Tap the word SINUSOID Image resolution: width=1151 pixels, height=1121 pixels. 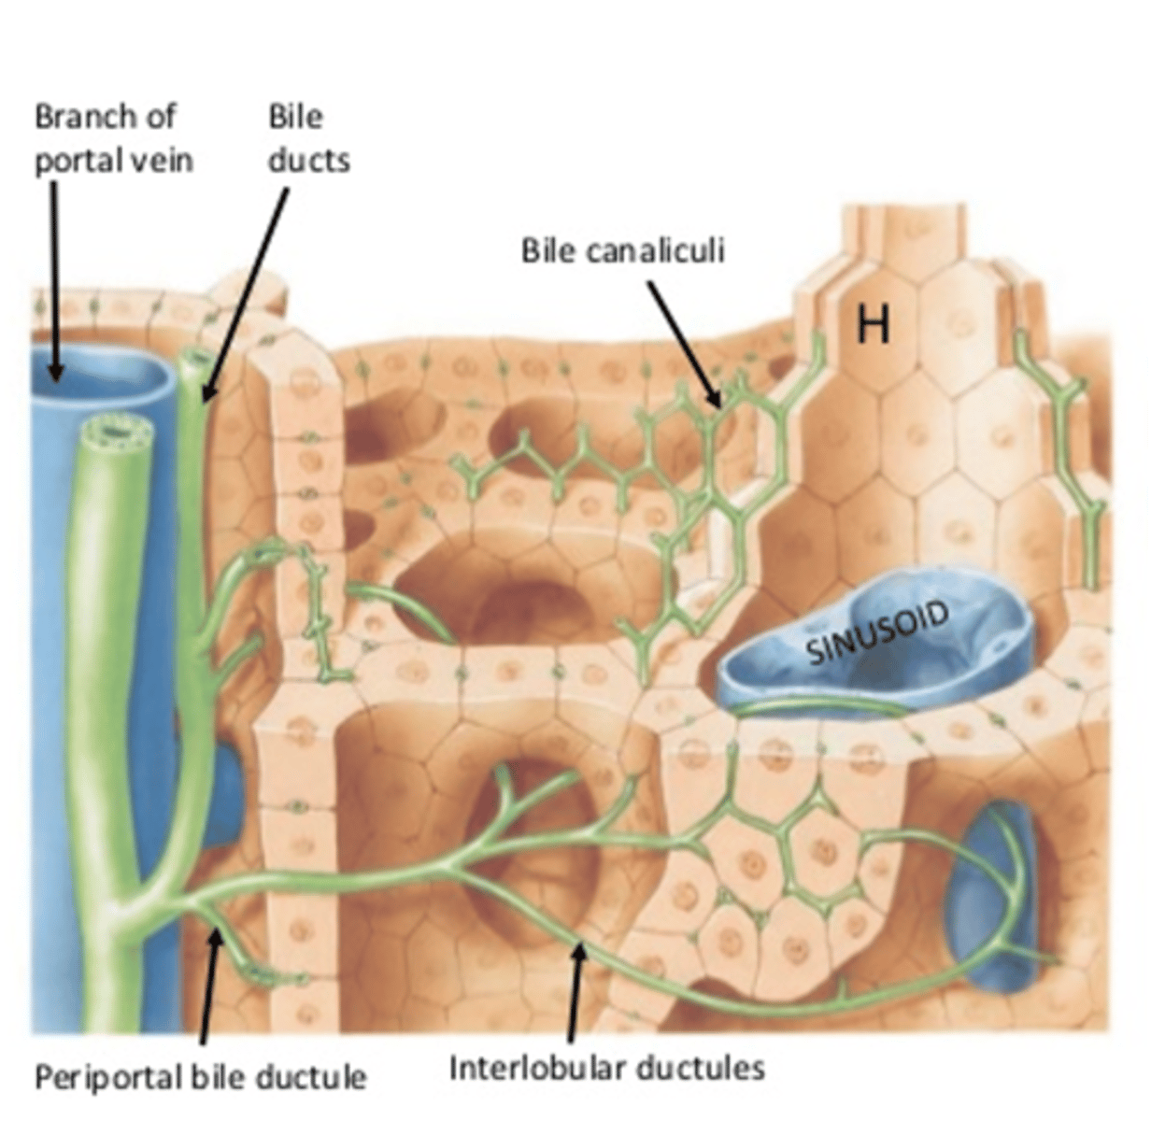coord(877,634)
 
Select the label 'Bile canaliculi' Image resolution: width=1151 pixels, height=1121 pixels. coord(622,251)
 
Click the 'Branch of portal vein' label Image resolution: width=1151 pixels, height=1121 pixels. coord(112,138)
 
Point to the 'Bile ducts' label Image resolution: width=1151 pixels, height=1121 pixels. coord(308,138)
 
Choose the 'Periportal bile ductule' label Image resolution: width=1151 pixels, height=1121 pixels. coord(200,1077)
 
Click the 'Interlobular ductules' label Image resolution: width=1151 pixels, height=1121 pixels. coord(607,1068)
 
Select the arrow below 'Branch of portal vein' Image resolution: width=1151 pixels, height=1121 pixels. coord(54,280)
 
